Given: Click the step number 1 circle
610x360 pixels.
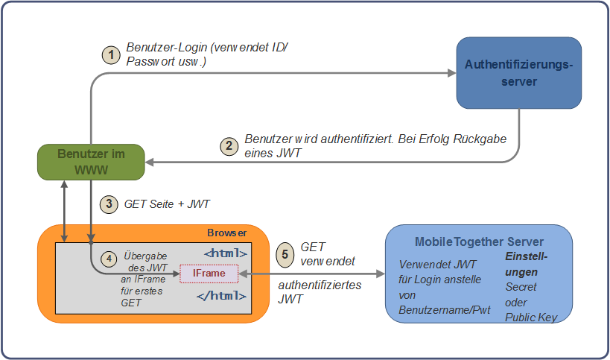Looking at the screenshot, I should (111, 55).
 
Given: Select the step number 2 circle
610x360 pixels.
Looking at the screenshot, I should (230, 146).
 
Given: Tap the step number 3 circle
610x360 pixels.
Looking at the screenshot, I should (110, 203).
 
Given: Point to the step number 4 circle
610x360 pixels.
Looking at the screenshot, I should (109, 259).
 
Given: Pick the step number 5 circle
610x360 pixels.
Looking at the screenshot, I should (283, 253).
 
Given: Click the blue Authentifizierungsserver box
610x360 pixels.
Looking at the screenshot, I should (518, 73).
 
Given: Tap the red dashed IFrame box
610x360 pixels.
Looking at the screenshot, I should (209, 274).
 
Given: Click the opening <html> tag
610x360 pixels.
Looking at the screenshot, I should (226, 253).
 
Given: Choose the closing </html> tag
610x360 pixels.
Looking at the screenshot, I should (223, 296).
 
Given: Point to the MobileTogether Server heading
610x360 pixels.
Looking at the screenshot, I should (479, 242).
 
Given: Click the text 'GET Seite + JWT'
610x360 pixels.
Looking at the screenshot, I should (165, 203).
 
